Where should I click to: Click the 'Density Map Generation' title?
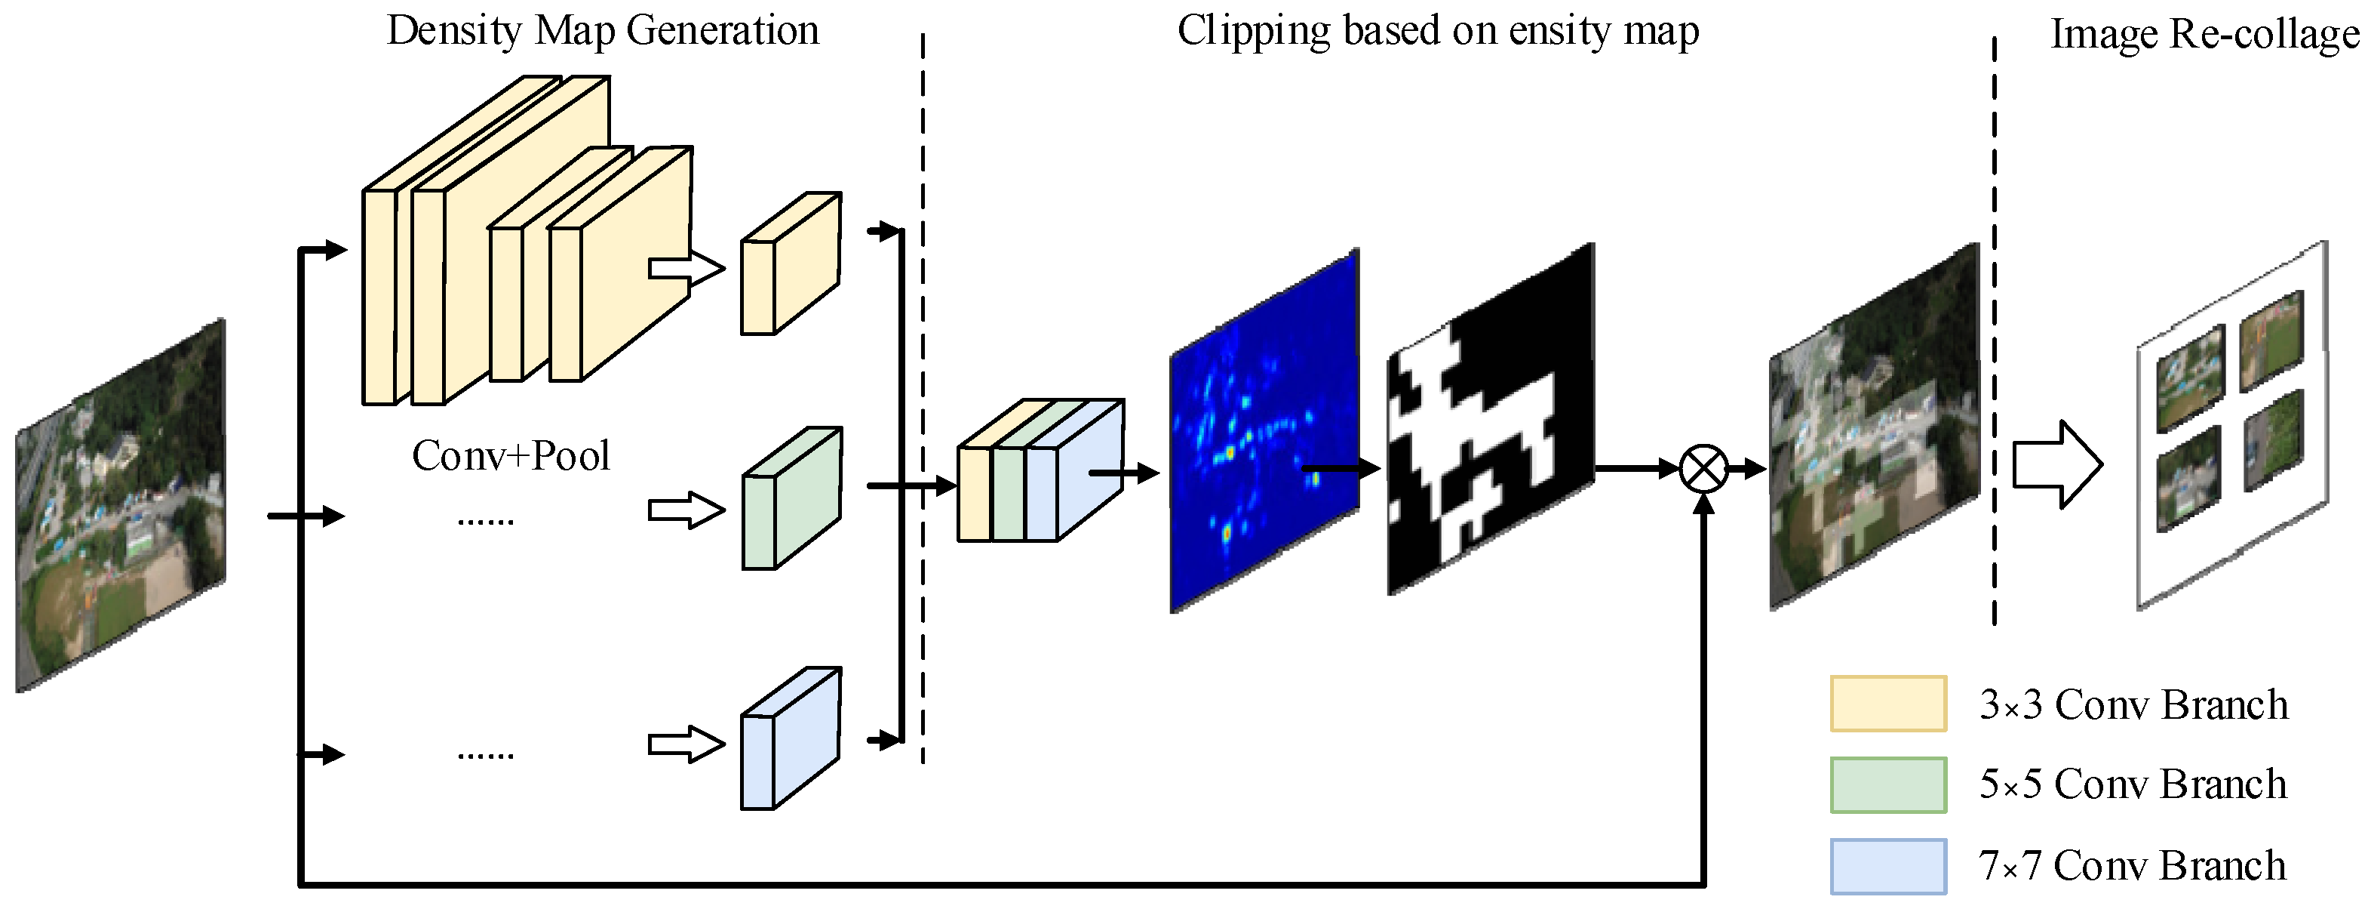tap(602, 30)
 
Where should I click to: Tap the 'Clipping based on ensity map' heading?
tap(1438, 30)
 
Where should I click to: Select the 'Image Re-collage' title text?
tap(2204, 34)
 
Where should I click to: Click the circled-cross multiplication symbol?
tap(1703, 469)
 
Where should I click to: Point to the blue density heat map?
tap(1264, 431)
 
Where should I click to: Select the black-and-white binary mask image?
tap(1489, 420)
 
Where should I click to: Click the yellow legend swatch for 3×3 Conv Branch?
tap(1887, 704)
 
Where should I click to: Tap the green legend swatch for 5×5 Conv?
tap(1887, 784)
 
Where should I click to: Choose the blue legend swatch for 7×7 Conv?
tap(1887, 865)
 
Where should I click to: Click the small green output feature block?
tap(791, 499)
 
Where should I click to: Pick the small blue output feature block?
tap(791, 739)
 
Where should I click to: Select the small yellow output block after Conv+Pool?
tap(791, 264)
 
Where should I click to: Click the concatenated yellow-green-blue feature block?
tap(1040, 471)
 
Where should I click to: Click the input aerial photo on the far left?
tap(121, 506)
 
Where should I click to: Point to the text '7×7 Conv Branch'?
tap(2133, 865)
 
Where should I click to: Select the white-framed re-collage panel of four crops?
tap(2231, 425)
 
